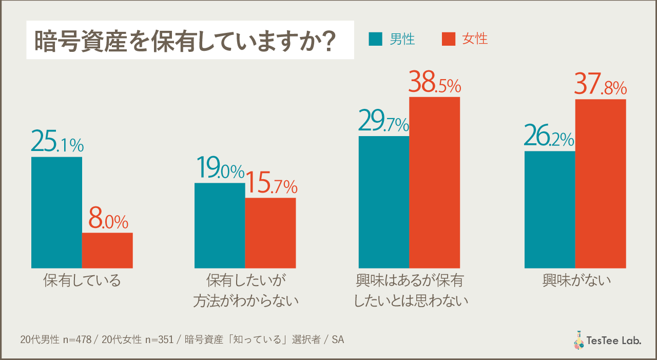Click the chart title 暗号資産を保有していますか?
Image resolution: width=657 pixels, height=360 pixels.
point(185,42)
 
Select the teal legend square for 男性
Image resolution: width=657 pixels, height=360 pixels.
point(376,39)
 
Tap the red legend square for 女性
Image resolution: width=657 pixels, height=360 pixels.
point(449,39)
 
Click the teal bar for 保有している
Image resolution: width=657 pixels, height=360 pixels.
point(56,212)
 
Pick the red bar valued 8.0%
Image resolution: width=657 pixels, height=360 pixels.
point(107,250)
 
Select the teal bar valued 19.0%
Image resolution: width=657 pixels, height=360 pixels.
point(220,225)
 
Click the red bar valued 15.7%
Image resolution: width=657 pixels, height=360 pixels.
point(270,233)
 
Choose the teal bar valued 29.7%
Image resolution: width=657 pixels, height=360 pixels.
point(384,202)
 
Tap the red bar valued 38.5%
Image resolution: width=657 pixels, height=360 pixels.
point(434,182)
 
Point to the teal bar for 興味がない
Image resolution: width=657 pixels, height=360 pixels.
point(550,209)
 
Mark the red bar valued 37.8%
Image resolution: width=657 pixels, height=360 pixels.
point(601,183)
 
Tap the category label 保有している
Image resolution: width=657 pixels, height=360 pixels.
point(82,281)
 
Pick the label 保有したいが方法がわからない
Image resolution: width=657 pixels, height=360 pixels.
point(245,291)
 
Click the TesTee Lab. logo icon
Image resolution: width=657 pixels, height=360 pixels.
point(578,340)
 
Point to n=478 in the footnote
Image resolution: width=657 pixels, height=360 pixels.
point(78,340)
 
